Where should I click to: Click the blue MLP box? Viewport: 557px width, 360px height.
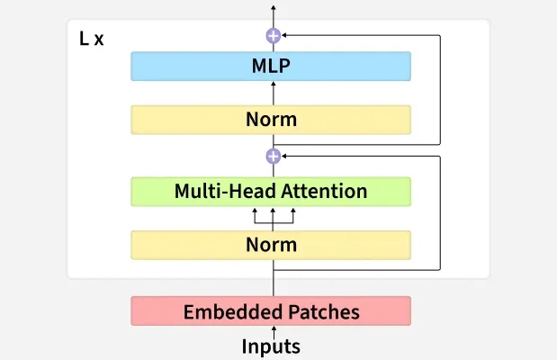click(x=271, y=66)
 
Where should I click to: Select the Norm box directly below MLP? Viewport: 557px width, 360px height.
click(x=271, y=119)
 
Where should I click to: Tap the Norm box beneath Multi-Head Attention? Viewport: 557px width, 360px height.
click(x=271, y=244)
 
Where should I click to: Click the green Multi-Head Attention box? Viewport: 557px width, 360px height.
click(x=271, y=191)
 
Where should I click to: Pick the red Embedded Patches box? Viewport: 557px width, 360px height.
click(x=271, y=311)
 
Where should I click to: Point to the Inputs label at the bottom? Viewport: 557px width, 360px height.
click(x=271, y=346)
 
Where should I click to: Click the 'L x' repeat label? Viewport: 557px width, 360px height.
click(x=92, y=40)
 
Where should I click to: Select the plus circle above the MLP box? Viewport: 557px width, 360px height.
click(x=273, y=36)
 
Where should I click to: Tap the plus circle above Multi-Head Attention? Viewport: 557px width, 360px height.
click(x=273, y=156)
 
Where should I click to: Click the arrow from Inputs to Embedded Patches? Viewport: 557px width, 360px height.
click(x=273, y=330)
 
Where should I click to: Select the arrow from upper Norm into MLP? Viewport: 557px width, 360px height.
click(x=273, y=93)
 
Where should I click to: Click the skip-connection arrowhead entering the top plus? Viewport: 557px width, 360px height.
click(x=286, y=36)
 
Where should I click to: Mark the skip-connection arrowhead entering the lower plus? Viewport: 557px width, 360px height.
click(x=286, y=156)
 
